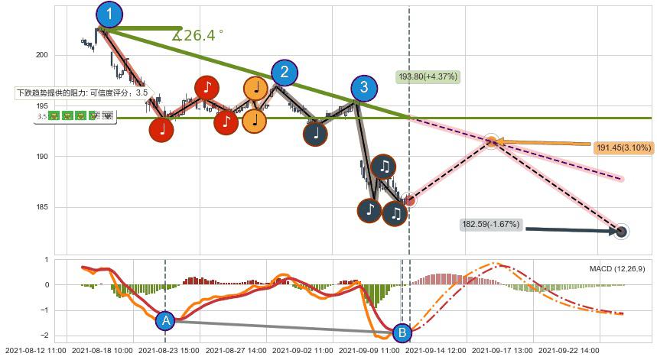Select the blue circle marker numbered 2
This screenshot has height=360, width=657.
click(x=285, y=73)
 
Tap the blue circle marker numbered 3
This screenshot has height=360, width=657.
click(x=364, y=87)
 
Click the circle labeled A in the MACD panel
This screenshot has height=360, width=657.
click(x=165, y=321)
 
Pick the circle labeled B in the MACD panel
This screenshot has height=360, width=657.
click(x=401, y=332)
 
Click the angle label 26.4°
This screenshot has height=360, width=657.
click(x=198, y=35)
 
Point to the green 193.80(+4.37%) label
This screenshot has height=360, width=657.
click(x=428, y=76)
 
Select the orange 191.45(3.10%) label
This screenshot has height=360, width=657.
click(x=623, y=148)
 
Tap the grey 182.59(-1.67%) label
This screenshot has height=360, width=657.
click(x=490, y=225)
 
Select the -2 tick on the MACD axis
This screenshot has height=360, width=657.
click(x=45, y=336)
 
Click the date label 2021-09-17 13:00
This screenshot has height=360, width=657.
click(x=503, y=350)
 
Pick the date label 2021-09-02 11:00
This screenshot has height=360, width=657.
click(x=303, y=350)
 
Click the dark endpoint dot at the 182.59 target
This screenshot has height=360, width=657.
click(x=621, y=232)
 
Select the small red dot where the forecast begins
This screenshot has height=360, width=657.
click(x=410, y=200)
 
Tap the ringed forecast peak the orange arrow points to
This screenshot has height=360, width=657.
click(x=492, y=141)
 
